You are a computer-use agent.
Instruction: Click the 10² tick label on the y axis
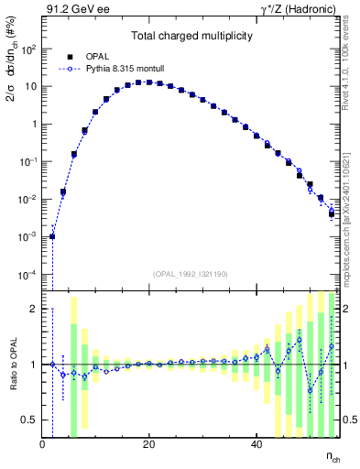click(x=29, y=49)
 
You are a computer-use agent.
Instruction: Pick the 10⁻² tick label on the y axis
click(x=29, y=200)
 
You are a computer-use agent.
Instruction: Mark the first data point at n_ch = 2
click(x=52, y=236)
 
